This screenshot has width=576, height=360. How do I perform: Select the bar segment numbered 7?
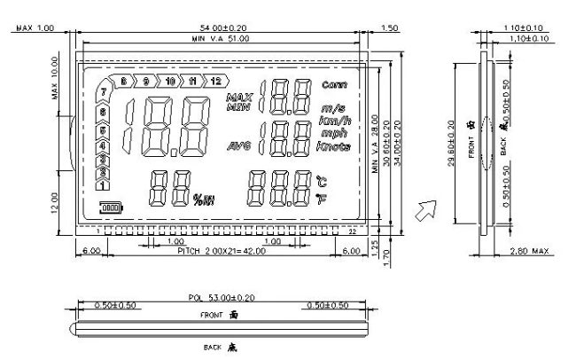[105, 93]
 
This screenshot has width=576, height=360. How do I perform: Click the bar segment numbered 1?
[103, 186]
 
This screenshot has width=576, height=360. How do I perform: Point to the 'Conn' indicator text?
[335, 86]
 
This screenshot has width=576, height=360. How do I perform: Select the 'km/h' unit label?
[334, 120]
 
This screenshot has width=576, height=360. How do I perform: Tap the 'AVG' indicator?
[239, 145]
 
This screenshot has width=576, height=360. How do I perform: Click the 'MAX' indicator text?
[240, 96]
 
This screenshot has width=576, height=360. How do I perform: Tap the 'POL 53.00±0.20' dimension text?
[219, 299]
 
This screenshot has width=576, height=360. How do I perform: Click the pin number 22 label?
[353, 231]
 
